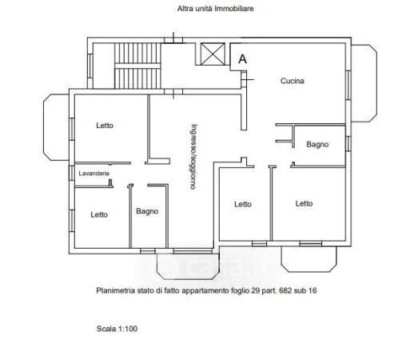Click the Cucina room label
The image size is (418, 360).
(293, 81)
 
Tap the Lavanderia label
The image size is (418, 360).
(94, 174)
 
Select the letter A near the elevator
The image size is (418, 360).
(242, 59)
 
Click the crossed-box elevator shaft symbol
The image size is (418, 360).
(213, 54)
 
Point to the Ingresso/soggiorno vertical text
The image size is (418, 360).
(193, 157)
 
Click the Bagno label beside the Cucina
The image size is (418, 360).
(317, 145)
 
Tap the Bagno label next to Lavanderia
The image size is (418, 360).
(147, 211)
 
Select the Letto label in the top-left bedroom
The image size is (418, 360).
(105, 126)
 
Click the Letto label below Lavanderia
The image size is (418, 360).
(99, 214)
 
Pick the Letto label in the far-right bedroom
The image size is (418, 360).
(304, 204)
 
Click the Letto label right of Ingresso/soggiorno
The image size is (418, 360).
(243, 205)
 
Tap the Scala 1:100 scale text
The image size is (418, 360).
(117, 329)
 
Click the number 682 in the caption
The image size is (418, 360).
(285, 290)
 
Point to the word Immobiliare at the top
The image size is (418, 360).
(234, 9)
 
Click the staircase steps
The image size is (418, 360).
(137, 66)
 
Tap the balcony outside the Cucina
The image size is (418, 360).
(364, 83)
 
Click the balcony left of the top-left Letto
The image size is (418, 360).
(56, 127)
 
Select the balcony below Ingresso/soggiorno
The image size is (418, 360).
(188, 266)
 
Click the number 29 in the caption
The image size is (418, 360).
(256, 290)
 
